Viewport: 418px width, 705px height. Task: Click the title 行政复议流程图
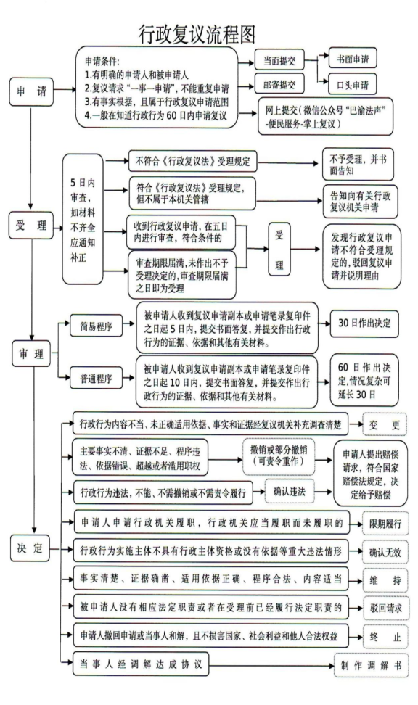point(197,34)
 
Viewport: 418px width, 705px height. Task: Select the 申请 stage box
point(31,91)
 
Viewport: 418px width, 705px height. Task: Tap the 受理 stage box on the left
point(31,226)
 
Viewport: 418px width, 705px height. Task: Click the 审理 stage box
point(31,353)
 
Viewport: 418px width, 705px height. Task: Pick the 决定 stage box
point(30,548)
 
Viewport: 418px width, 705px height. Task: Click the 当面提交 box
point(279,61)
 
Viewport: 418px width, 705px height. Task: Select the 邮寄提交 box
point(279,84)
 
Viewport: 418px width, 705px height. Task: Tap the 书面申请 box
point(353,59)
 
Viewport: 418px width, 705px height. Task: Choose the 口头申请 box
point(353,85)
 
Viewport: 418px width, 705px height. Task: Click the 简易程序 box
point(97,326)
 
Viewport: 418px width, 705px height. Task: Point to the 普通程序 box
point(97,378)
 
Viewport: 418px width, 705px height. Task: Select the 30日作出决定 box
point(364,323)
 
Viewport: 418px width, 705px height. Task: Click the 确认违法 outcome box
point(290,492)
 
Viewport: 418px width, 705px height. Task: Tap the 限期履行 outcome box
point(385,524)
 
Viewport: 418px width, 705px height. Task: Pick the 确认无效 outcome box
point(385,552)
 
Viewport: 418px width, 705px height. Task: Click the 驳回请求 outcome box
point(385,609)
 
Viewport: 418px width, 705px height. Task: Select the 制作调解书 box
point(372,665)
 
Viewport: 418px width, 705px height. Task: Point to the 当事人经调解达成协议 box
point(142,664)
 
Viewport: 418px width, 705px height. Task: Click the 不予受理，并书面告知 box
point(358,164)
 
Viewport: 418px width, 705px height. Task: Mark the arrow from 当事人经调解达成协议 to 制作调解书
point(271,665)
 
